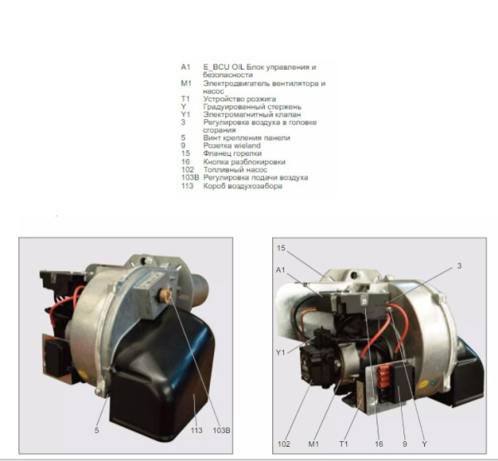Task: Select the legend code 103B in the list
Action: click(189, 177)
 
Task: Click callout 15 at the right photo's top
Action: click(281, 248)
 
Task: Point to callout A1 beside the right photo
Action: click(280, 269)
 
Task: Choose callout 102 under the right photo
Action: click(285, 444)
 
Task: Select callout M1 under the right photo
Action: click(314, 444)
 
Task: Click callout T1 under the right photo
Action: click(343, 444)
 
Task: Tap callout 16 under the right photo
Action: click(378, 444)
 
